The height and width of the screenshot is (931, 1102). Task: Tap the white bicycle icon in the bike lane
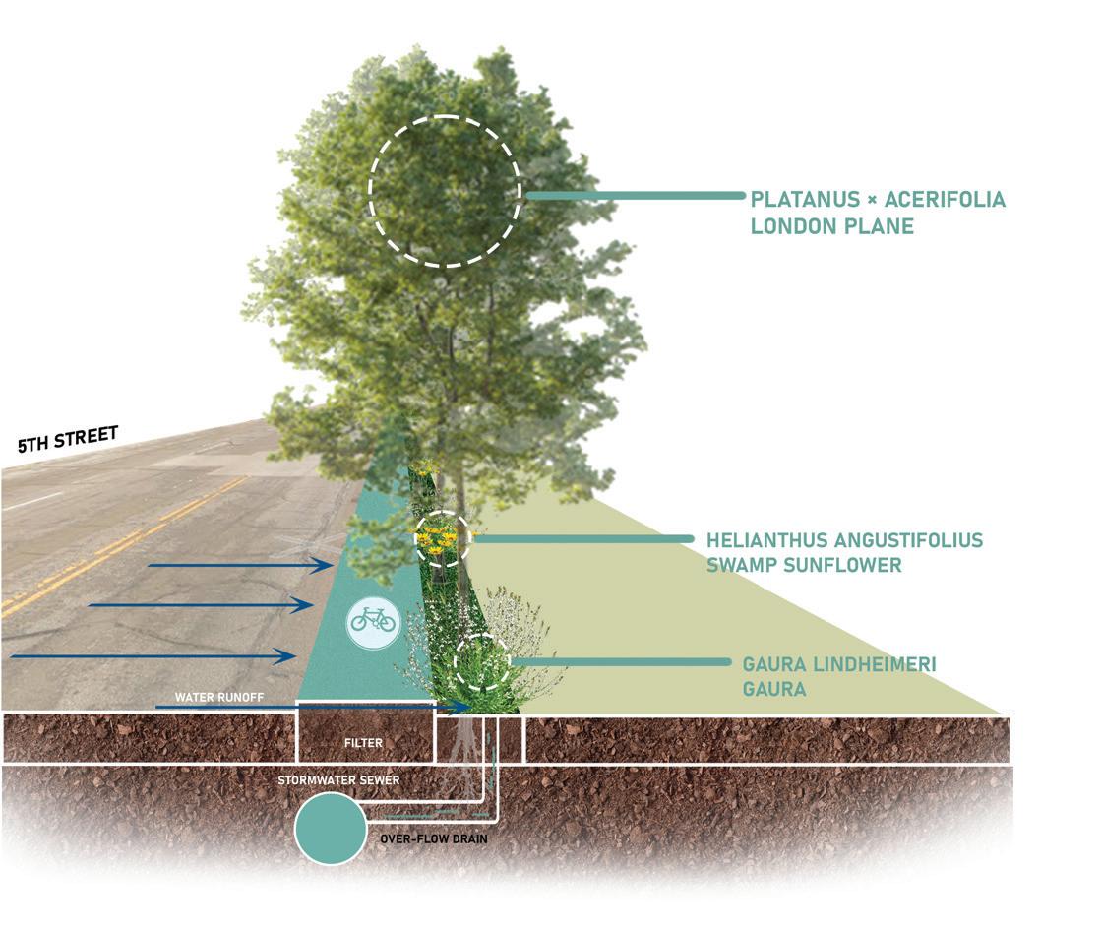point(372,620)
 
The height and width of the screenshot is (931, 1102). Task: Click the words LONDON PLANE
point(832,226)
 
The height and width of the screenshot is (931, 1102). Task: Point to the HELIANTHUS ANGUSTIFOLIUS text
point(844,540)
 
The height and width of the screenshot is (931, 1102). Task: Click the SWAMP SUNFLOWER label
point(804,565)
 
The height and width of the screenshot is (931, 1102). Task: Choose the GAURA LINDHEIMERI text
point(839,665)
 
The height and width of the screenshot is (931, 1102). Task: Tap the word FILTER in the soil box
point(364,744)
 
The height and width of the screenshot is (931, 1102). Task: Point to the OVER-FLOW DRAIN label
point(434,840)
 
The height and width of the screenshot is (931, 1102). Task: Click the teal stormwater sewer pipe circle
point(331,830)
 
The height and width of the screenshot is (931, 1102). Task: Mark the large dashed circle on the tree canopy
point(445,191)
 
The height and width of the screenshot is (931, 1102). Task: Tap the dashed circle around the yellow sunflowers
point(443,538)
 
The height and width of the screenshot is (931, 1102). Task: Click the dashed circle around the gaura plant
point(481,661)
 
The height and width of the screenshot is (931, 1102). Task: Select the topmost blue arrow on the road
point(241,565)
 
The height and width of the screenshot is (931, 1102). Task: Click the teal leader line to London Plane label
point(636,196)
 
